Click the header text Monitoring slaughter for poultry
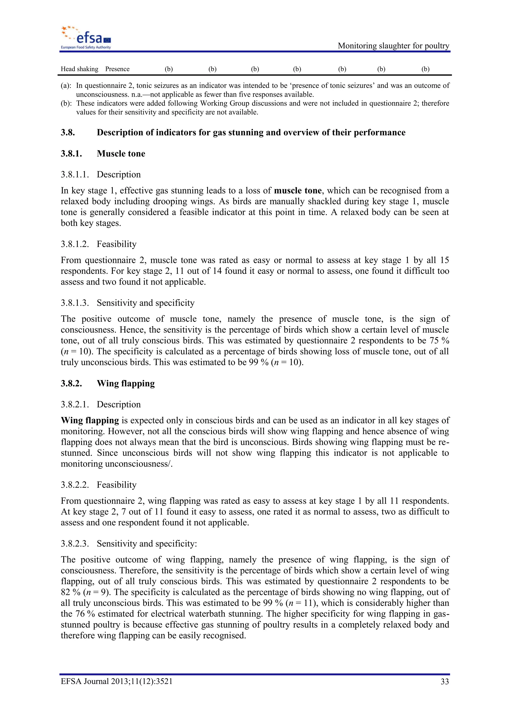(393, 46)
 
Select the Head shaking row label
(79, 69)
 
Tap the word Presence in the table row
(117, 69)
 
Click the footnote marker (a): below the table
(66, 85)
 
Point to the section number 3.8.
(68, 132)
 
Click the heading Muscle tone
(121, 154)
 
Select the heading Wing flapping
(126, 383)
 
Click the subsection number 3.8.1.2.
(75, 244)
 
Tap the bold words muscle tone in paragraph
(297, 191)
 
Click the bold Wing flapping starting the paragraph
(90, 421)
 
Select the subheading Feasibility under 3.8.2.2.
(117, 485)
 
